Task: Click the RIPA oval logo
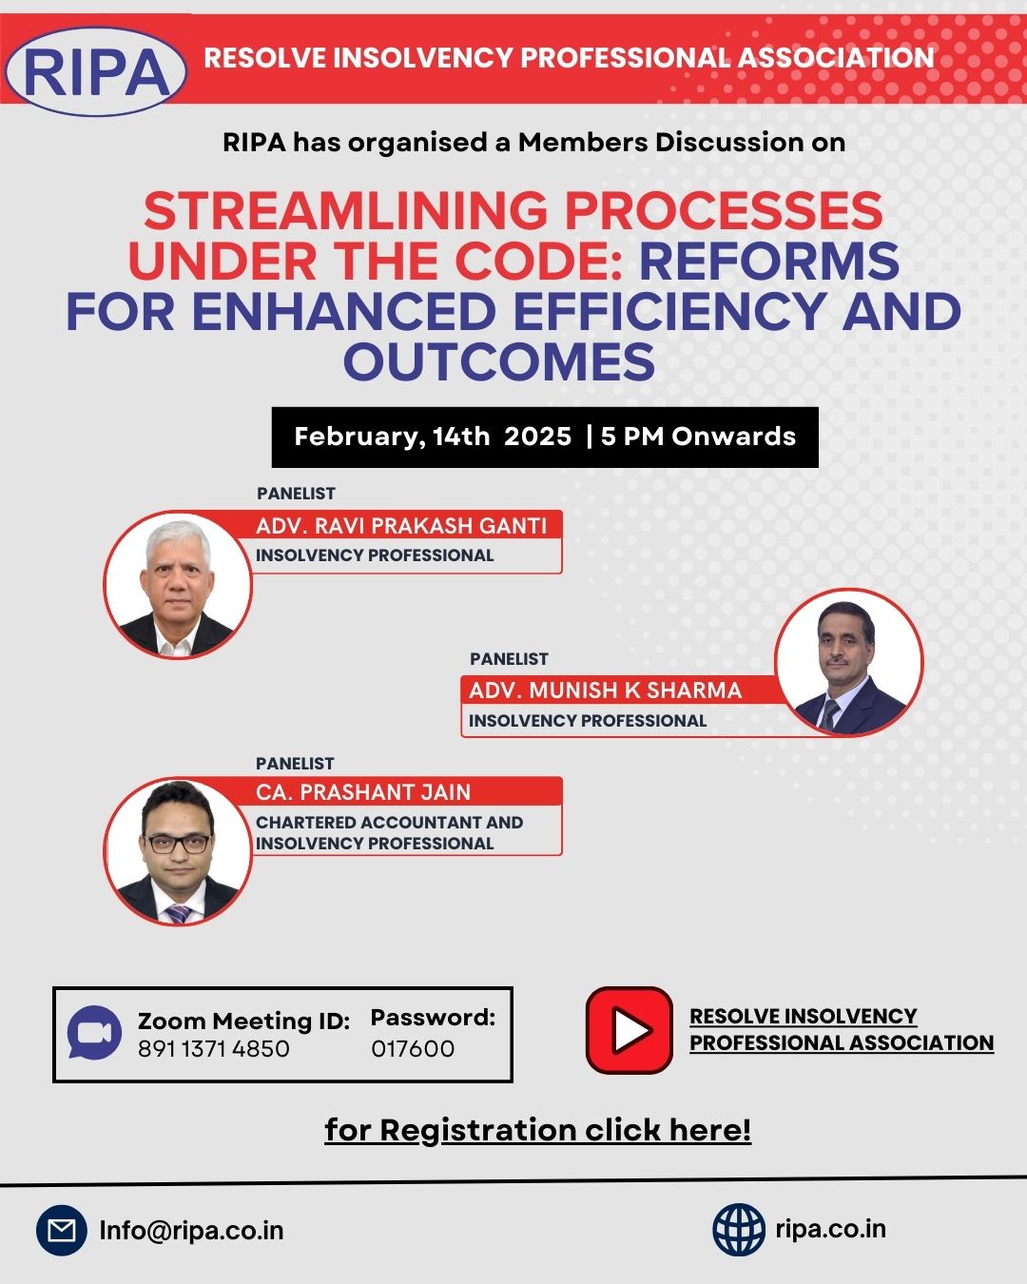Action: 96,71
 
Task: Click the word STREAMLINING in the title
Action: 345,211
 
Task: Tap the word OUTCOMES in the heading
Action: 499,362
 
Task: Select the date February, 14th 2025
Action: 433,437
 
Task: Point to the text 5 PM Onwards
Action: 698,437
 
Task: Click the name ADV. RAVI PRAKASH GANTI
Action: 401,526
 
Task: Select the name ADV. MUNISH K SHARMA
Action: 605,691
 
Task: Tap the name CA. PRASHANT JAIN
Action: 363,792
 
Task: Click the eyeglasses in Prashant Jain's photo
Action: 178,844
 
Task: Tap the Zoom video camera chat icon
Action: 94,1033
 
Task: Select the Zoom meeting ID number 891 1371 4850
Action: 214,1049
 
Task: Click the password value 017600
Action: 413,1049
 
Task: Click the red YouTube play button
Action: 629,1030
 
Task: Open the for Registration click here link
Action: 537,1130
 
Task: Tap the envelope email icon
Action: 62,1230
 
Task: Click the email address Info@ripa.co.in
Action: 191,1231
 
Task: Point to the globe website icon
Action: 739,1230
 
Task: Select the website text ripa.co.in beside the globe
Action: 831,1229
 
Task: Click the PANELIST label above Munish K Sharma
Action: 509,659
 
